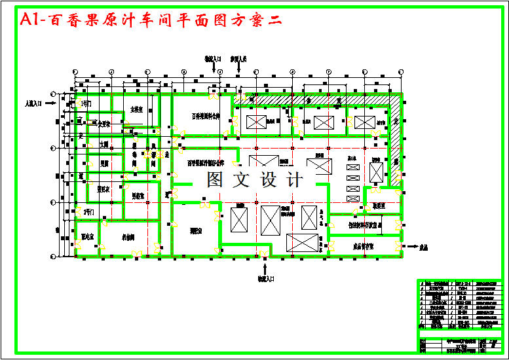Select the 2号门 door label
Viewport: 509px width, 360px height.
[x=88, y=211]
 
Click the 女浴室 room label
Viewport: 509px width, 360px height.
[x=136, y=109]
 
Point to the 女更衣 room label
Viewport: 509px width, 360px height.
[x=101, y=124]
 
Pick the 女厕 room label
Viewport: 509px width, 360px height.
[x=104, y=143]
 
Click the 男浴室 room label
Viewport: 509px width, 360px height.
[x=138, y=195]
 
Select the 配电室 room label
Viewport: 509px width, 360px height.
[x=87, y=236]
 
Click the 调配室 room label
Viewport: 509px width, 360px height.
[x=195, y=230]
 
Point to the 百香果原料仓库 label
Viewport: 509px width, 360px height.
[x=210, y=116]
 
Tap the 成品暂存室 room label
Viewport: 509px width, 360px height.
[x=363, y=246]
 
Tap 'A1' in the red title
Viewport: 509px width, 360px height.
[x=30, y=20]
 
